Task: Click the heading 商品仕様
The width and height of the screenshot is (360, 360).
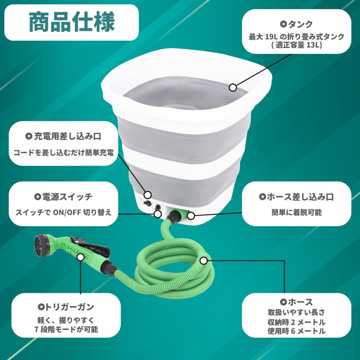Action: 72,22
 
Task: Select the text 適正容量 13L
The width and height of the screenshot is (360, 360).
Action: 296,45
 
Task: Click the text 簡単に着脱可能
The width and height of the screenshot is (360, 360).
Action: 296,212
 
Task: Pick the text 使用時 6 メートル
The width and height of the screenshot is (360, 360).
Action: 296,331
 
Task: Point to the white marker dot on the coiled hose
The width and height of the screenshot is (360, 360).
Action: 204,260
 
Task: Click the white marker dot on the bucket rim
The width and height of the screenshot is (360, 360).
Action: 233,86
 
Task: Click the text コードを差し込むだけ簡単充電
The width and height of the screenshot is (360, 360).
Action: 63,152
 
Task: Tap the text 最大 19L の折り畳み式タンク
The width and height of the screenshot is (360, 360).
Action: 296,36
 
